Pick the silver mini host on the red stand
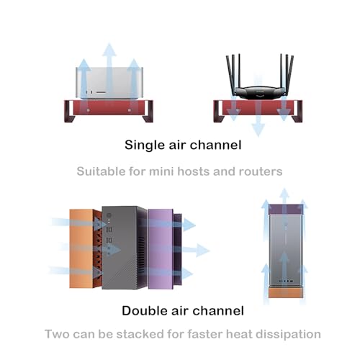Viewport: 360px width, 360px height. coord(109,83)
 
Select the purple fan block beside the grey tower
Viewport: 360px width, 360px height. coord(161,249)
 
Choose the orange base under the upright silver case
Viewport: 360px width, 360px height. coord(286,293)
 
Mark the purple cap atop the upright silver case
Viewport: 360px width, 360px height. coord(286,210)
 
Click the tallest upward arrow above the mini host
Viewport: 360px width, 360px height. coord(109,71)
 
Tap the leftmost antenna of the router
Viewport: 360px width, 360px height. coord(231,73)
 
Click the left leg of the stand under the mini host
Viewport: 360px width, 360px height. coord(69,112)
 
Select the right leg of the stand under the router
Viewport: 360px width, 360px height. coord(297,112)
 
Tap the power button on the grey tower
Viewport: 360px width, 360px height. coord(109,215)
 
